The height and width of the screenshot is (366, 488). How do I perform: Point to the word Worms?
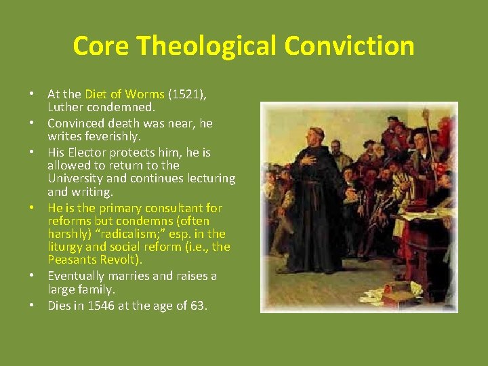click(145, 95)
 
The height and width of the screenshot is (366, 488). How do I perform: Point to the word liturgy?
click(66, 247)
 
